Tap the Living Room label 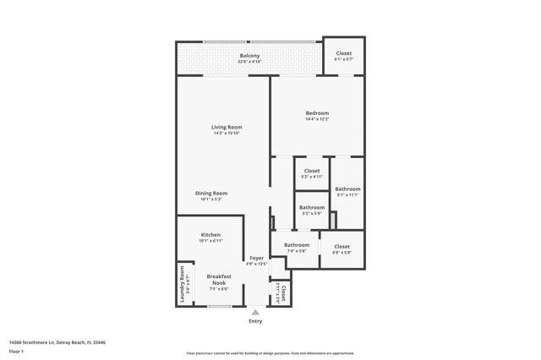coord(227,127)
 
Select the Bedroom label coord(317,112)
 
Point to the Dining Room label coord(211,194)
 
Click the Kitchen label coord(210,234)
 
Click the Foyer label coord(257,259)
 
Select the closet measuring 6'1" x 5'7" coord(344,53)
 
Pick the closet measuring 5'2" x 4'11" coord(312,171)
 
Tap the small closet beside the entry coord(281,293)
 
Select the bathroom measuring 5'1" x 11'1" coord(347,188)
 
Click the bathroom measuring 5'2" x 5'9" coord(312,207)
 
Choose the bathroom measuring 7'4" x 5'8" coord(297,245)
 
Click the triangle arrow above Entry coord(255,311)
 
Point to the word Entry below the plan coord(255,321)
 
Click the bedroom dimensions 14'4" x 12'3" coord(317,119)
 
